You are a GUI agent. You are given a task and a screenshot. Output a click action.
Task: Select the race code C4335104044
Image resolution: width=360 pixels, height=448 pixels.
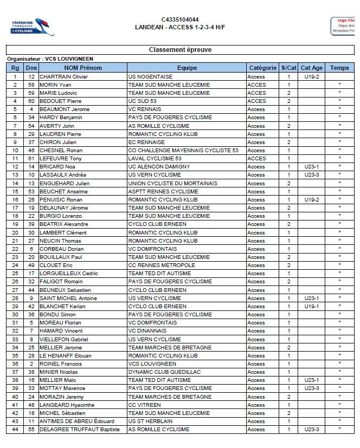coord(180,20)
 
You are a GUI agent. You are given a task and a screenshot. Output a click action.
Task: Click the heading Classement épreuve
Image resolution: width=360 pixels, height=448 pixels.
coord(180,50)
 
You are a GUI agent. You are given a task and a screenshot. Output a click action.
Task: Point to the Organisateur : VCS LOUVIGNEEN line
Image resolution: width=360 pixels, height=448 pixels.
coord(50,59)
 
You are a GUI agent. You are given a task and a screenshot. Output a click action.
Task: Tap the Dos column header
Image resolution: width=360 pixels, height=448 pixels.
coord(31,68)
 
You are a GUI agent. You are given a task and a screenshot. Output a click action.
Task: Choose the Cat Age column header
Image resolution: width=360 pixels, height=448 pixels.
coord(312,68)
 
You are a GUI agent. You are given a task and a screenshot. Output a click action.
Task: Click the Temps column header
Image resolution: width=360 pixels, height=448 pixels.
coord(339,68)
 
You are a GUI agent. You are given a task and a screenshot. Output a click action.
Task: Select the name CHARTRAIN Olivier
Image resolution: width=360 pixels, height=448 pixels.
coord(64,77)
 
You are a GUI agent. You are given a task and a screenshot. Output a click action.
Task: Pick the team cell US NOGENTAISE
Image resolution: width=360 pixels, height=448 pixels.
coord(150,77)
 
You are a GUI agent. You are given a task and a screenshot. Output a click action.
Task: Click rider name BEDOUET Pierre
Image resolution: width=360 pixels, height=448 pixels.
coord(60,101)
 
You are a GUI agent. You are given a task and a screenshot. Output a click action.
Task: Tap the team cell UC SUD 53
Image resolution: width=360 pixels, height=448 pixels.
coord(142,101)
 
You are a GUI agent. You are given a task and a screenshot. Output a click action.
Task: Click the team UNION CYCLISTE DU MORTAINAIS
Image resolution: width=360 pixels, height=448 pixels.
coord(172,184)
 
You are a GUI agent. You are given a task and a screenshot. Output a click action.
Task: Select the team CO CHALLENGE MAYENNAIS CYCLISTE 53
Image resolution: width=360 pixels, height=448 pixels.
coord(183,151)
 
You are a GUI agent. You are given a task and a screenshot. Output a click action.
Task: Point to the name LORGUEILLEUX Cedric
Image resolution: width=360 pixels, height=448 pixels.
coord(68,274)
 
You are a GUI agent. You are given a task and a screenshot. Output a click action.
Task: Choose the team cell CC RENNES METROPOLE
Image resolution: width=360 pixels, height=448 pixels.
coord(162,265)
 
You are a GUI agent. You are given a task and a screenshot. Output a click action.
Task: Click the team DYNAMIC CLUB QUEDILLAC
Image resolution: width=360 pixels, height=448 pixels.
coord(164,372)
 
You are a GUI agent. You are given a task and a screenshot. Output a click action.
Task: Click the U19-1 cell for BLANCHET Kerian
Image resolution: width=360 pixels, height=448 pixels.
coord(312,307)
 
